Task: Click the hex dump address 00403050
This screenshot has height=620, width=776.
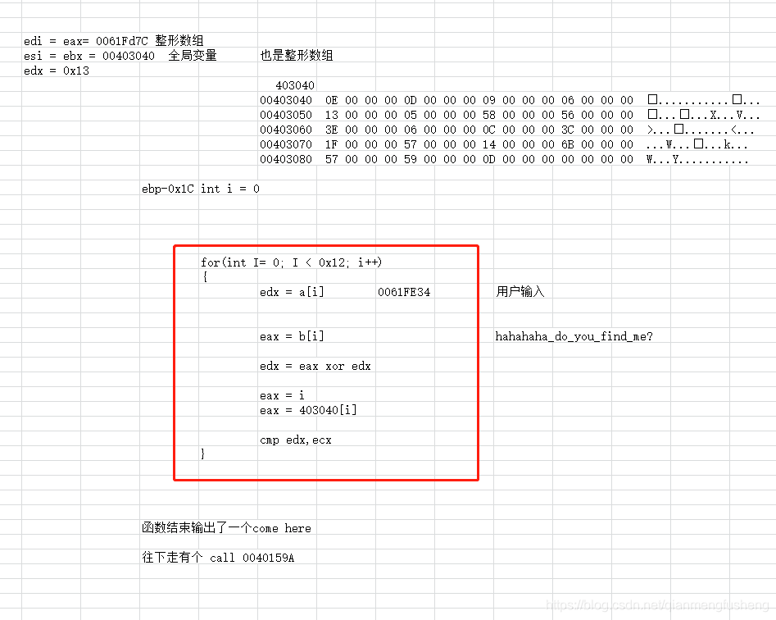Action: click(285, 115)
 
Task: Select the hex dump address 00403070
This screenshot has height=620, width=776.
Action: click(285, 144)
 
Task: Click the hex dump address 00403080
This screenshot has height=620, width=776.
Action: click(285, 159)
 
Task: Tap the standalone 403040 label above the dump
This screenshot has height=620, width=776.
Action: click(295, 85)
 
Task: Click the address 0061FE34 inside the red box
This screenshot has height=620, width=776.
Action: click(404, 292)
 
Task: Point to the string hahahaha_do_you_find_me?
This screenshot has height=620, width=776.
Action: click(574, 336)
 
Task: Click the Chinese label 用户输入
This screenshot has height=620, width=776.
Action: click(520, 292)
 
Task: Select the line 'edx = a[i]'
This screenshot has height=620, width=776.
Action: click(292, 292)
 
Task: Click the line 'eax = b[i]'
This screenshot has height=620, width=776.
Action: click(292, 336)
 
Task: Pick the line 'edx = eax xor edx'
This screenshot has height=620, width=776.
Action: click(315, 366)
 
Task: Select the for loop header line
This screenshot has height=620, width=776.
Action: click(291, 262)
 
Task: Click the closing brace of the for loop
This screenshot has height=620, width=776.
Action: click(203, 454)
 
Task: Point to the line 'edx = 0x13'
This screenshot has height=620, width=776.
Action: click(57, 71)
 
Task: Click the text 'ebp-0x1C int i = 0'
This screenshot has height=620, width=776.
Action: click(201, 189)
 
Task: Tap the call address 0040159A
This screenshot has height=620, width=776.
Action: click(267, 558)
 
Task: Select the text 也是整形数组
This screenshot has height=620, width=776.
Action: click(297, 56)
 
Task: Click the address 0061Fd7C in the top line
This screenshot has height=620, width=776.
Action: click(123, 41)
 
